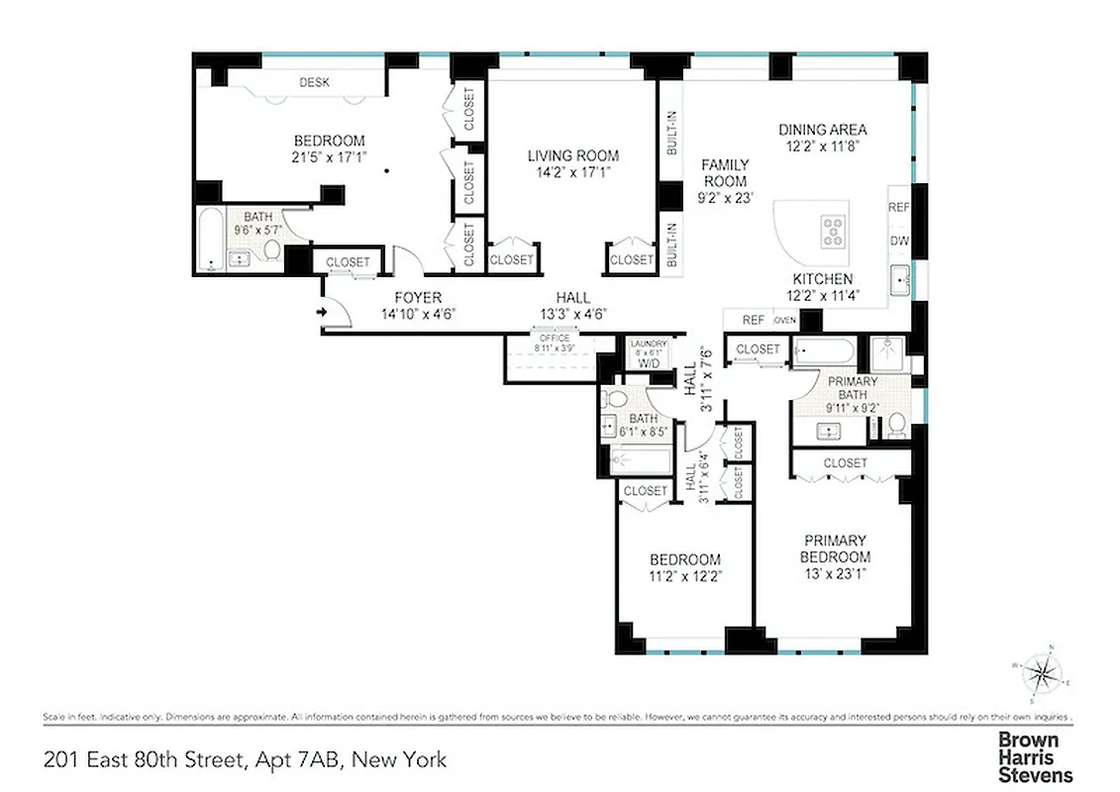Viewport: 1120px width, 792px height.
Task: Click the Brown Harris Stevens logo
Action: point(1034,757)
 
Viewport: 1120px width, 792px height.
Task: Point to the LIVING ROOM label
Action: point(572,155)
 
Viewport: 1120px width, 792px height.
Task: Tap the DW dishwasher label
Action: point(898,241)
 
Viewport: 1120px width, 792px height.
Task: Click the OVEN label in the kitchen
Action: point(784,320)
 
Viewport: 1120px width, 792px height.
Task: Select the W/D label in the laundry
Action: point(649,363)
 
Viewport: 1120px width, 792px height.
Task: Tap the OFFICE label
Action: point(554,339)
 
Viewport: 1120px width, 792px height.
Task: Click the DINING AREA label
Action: point(822,129)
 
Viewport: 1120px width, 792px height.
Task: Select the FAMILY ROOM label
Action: point(725,173)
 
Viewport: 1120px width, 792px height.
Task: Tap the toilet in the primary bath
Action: point(896,425)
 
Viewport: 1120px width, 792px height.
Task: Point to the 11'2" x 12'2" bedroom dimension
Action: point(684,575)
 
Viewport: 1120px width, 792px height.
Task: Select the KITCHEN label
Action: point(822,279)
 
